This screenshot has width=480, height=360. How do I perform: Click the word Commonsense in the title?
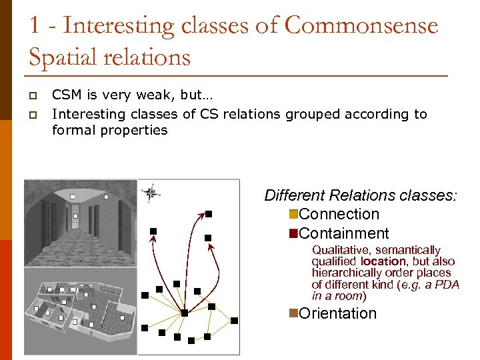pyautogui.click(x=361, y=25)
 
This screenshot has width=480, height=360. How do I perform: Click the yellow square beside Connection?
pyautogui.click(x=293, y=214)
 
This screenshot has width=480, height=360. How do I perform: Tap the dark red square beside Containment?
pyautogui.click(x=293, y=233)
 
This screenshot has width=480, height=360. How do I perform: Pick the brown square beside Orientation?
pyautogui.click(x=293, y=313)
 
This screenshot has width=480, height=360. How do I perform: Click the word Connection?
pyautogui.click(x=339, y=214)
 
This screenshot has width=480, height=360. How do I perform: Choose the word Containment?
pyautogui.click(x=344, y=233)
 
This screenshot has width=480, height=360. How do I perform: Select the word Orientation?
pyautogui.click(x=338, y=313)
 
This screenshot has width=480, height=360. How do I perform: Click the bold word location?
pyautogui.click(x=383, y=261)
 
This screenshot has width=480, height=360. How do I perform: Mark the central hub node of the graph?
pyautogui.click(x=185, y=313)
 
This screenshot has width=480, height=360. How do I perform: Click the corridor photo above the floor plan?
pyautogui.click(x=80, y=222)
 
